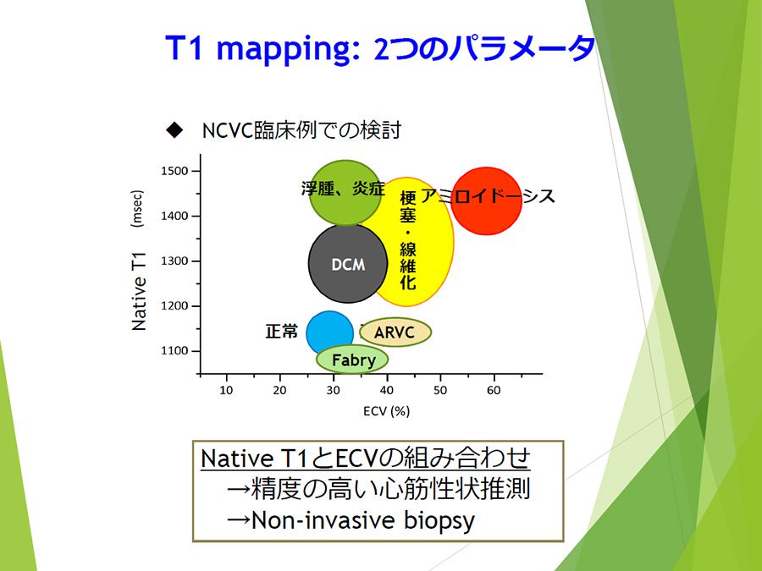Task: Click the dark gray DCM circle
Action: click(x=348, y=264)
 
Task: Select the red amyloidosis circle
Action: click(x=487, y=201)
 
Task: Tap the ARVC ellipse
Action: click(x=395, y=332)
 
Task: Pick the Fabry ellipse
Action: click(x=352, y=360)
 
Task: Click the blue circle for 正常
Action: click(x=329, y=333)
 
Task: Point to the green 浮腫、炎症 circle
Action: click(x=345, y=193)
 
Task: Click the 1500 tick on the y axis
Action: click(x=174, y=171)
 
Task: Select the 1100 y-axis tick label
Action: click(x=174, y=350)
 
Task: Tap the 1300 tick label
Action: click(x=174, y=261)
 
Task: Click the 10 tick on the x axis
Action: click(x=226, y=390)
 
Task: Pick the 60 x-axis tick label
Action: click(x=494, y=390)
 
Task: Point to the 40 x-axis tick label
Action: click(x=387, y=390)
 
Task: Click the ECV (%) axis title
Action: click(x=386, y=411)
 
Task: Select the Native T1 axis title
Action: click(x=139, y=291)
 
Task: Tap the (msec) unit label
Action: click(x=137, y=208)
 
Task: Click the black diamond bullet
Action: click(x=174, y=130)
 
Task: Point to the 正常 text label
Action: click(x=282, y=332)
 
